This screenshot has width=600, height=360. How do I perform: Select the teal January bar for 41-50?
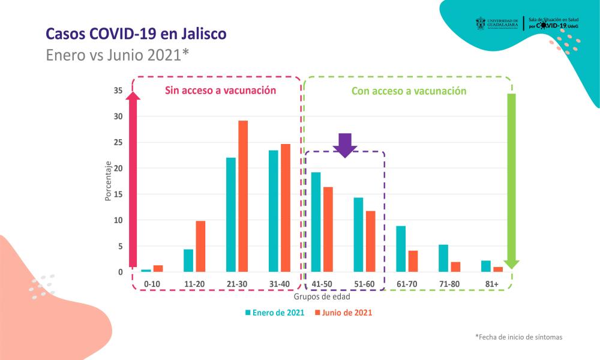316,222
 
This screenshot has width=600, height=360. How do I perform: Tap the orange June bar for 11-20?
200,247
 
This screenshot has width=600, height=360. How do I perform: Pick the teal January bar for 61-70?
401,249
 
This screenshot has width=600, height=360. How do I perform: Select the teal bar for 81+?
485,266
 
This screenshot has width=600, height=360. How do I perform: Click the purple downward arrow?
344,145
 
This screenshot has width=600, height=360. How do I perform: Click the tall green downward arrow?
511,180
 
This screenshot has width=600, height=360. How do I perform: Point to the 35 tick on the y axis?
118,91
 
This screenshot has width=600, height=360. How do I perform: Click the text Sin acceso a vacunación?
220,91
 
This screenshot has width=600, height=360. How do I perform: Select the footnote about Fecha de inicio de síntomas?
518,337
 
